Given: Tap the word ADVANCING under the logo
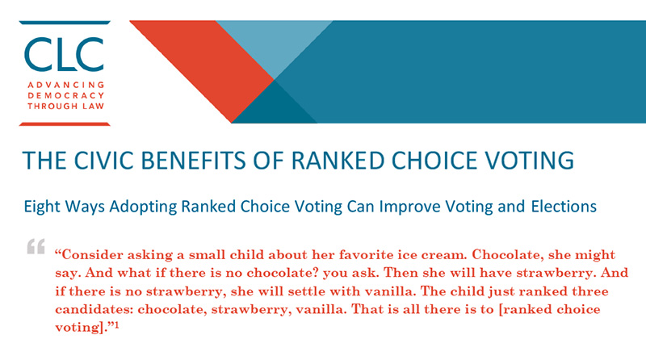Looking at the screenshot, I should pyautogui.click(x=64, y=84).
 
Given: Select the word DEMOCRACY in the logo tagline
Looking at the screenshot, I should pyautogui.click(x=64, y=94).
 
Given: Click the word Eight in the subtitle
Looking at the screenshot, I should pyautogui.click(x=42, y=207).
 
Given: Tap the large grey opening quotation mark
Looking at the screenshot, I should pyautogui.click(x=36, y=247).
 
